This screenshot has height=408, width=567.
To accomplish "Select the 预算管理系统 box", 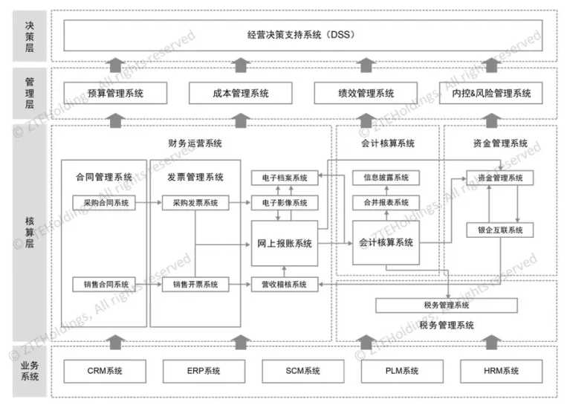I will coord(115,94).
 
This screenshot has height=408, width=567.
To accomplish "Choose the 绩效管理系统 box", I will coord(365,94).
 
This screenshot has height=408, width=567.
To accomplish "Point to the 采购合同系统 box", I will coord(104,202).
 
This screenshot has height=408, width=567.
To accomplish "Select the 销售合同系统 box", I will coord(104,284).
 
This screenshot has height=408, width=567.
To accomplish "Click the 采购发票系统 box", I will coord(195,202).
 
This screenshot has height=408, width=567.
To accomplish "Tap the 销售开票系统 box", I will coord(195,284).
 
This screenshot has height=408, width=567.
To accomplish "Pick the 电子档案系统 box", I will coord(284,178).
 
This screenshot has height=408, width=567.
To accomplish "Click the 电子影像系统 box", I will coord(284,202).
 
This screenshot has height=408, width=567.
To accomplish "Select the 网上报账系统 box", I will coord(284,243).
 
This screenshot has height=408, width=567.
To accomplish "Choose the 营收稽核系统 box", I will coord(284,284).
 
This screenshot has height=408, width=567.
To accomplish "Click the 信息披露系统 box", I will coord(386,178).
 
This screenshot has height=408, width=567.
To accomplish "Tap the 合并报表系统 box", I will coord(386,202).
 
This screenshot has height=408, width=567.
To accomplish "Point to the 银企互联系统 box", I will coord(499,230).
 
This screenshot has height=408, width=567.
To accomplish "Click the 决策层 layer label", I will coord(30,34).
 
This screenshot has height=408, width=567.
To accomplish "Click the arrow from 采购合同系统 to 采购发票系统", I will coord(149,202).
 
